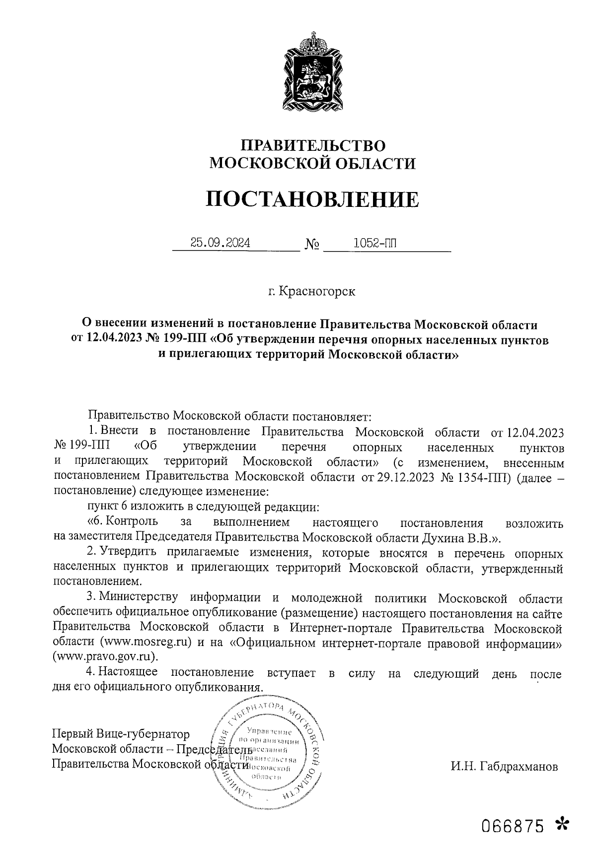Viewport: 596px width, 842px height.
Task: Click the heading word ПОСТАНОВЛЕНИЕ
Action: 312,199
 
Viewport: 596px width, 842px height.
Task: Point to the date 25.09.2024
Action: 220,243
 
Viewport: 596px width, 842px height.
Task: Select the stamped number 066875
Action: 514,826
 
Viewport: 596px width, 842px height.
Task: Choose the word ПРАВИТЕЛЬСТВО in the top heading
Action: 313,145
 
